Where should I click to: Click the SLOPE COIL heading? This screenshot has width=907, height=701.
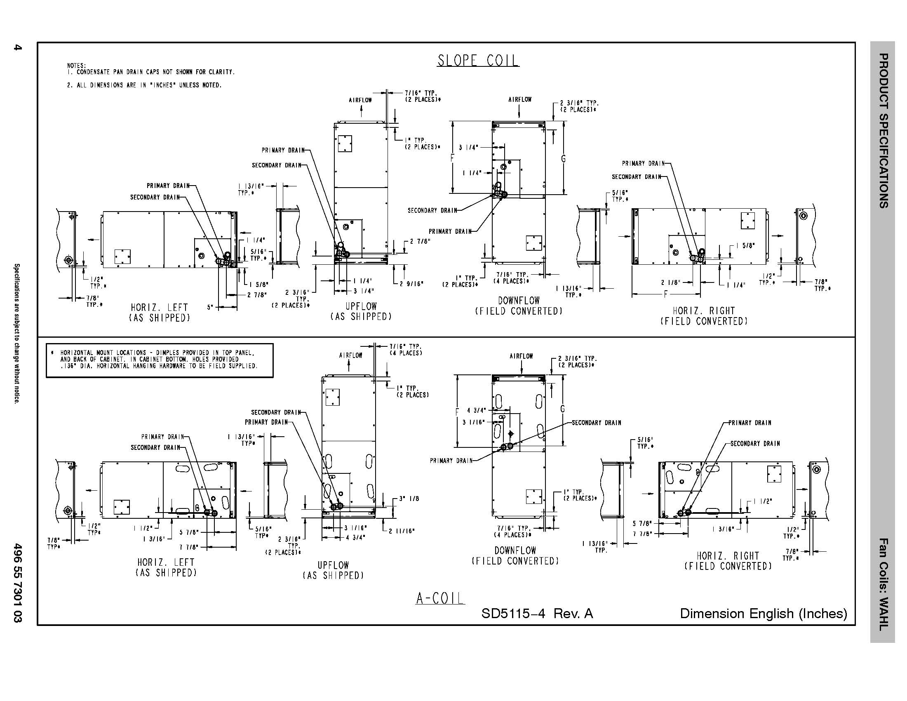pos(477,61)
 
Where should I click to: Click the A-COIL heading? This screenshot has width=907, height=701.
pos(440,598)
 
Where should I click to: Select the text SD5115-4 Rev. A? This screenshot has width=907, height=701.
pos(537,614)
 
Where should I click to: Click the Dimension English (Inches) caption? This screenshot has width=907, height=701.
pos(763,614)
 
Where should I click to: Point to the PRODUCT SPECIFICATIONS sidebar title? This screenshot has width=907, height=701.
pos(884,130)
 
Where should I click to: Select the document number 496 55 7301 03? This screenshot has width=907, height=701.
pos(17,583)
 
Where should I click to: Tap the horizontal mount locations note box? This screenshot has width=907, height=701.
pos(160,360)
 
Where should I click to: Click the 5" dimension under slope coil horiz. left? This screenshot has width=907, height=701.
pos(210,308)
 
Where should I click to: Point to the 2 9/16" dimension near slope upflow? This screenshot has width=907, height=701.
pos(411,284)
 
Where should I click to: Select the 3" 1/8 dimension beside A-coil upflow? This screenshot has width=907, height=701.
pos(409,499)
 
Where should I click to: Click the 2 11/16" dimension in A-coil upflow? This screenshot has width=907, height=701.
pos(402,531)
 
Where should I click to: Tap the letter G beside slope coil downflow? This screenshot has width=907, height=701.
pos(564,158)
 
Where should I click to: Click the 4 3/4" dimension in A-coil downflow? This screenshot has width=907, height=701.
pos(476,411)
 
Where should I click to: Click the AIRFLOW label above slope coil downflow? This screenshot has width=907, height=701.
pos(520,100)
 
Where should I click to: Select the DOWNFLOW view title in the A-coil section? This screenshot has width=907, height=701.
pos(515,550)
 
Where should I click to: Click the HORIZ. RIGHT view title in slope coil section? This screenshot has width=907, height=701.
pos(704,311)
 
